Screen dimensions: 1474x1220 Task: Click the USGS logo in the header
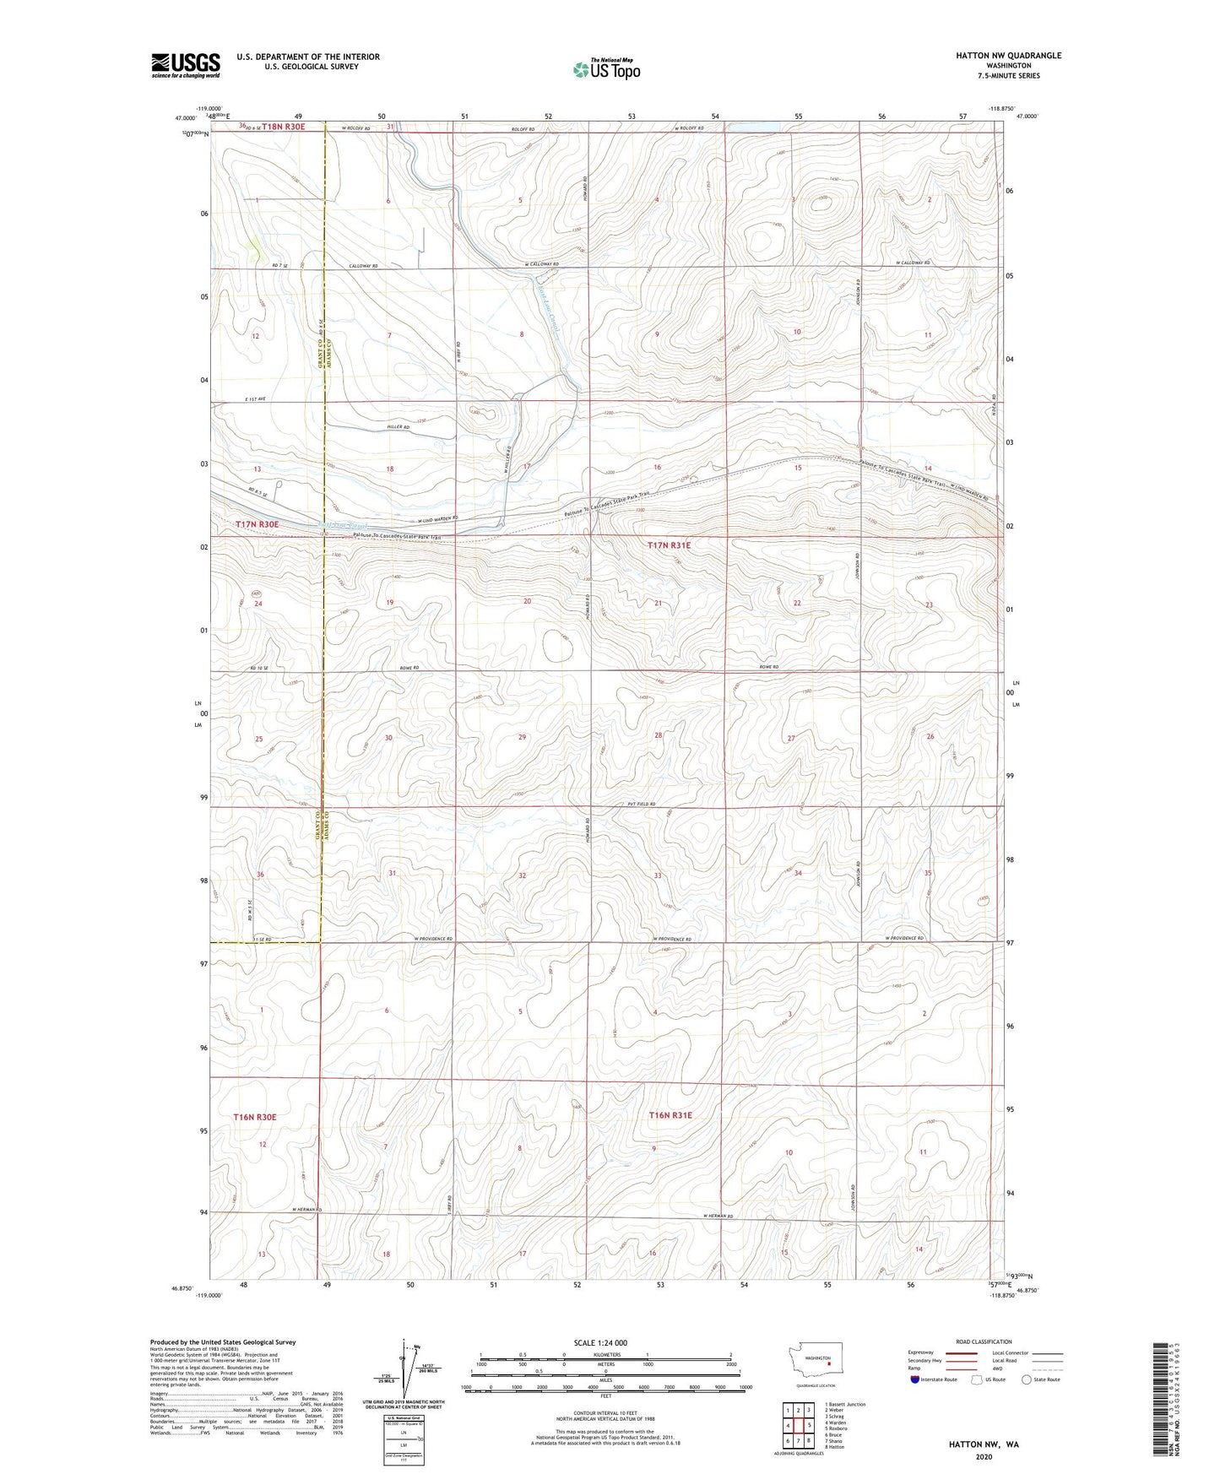point(186,65)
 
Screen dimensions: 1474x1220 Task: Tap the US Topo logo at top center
point(605,69)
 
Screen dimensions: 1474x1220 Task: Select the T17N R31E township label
point(669,545)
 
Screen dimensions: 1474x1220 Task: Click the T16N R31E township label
point(670,1115)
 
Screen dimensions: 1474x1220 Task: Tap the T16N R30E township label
point(255,1117)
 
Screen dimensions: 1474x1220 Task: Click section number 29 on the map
point(523,737)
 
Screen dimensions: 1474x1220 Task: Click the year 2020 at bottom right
point(984,1456)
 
